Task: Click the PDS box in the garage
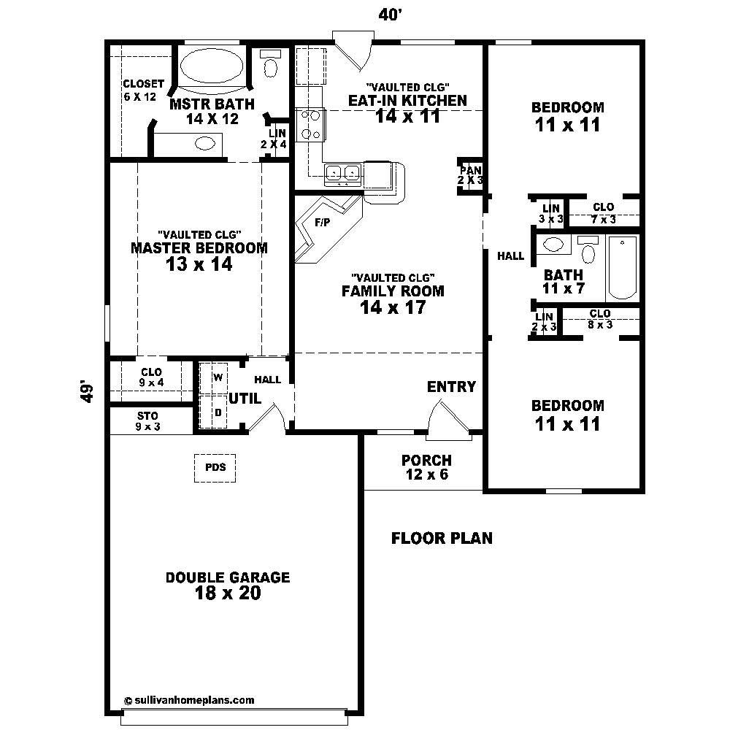pyautogui.click(x=215, y=468)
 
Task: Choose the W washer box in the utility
pyautogui.click(x=218, y=377)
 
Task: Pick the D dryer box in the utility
pyautogui.click(x=218, y=412)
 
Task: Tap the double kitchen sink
pyautogui.click(x=342, y=173)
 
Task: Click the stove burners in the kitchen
pyautogui.click(x=309, y=124)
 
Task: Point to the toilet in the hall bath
pyautogui.click(x=588, y=250)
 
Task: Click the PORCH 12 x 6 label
pyautogui.click(x=426, y=467)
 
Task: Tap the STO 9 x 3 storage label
pyautogui.click(x=147, y=421)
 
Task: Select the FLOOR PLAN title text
pyautogui.click(x=442, y=539)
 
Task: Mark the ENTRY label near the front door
pyautogui.click(x=451, y=387)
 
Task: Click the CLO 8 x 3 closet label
pyautogui.click(x=600, y=319)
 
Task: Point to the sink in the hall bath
pyautogui.click(x=555, y=244)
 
